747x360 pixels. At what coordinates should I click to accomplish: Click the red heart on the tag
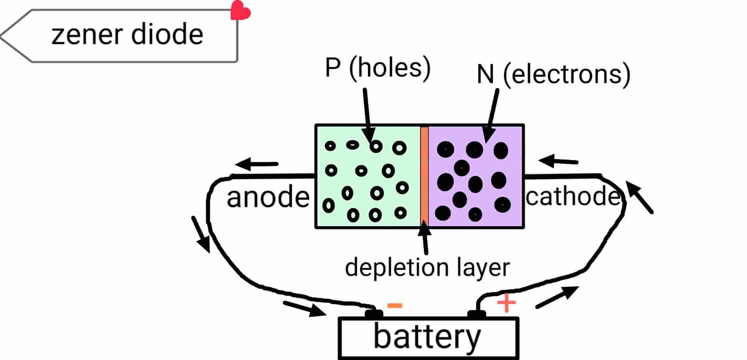coord(240,11)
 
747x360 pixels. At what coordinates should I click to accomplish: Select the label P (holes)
coord(377,68)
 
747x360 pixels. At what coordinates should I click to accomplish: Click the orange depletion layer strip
coord(424,176)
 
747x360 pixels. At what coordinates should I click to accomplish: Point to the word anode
coord(268,198)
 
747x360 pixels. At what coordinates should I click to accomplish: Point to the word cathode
coord(573,197)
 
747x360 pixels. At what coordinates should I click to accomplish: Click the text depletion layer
coord(427,268)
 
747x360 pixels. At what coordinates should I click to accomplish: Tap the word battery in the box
coord(427,337)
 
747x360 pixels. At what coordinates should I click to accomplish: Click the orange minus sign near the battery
coord(395,306)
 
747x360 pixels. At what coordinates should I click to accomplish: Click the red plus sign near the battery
coord(506,304)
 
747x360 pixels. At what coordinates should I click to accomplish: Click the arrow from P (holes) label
coord(367,117)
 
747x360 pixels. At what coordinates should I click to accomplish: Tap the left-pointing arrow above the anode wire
coord(257,164)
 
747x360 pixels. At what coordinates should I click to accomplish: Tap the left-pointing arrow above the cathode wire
coord(558,162)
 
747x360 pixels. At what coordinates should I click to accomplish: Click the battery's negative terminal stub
coord(373,314)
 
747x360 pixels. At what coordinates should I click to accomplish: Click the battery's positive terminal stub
coord(476,314)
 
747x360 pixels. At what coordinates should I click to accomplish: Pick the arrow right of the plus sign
coord(557,297)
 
